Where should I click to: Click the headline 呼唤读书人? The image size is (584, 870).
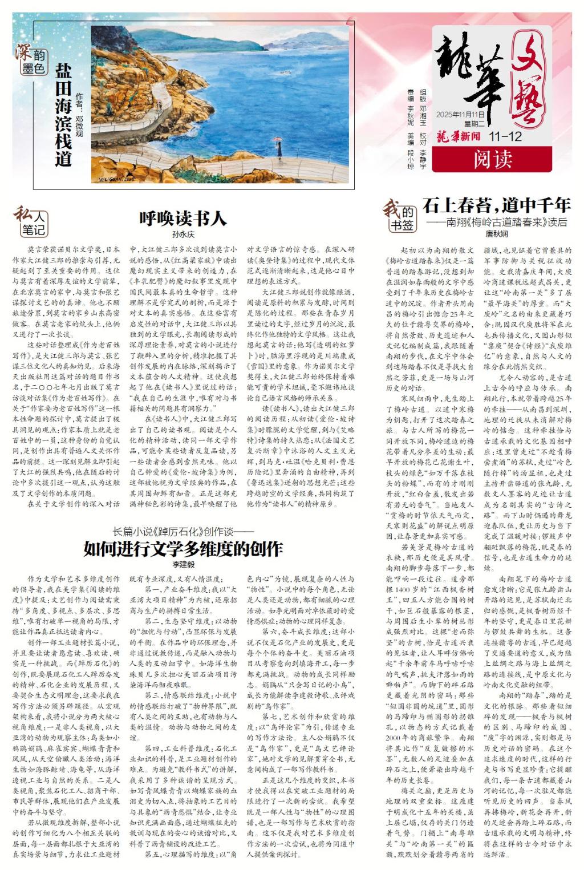pos(183,219)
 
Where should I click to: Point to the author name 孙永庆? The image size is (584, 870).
pos(183,234)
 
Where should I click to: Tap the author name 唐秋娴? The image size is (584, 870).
pos(496,234)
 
